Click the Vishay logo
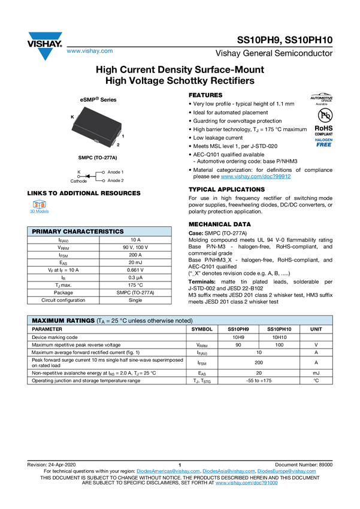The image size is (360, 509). click(44, 46)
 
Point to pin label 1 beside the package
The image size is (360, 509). click(122, 137)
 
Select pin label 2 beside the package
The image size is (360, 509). click(118, 145)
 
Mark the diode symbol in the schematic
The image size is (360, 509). click(87, 176)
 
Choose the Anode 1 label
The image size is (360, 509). click(116, 172)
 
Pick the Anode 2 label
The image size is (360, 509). click(116, 180)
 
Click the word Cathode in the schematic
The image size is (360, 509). click(78, 181)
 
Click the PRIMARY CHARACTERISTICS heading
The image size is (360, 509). click(78, 232)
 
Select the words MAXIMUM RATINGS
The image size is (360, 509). click(63, 321)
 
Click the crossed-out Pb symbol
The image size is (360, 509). click(322, 114)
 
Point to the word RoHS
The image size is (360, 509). click(322, 128)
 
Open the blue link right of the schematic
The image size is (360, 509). click(256, 177)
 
